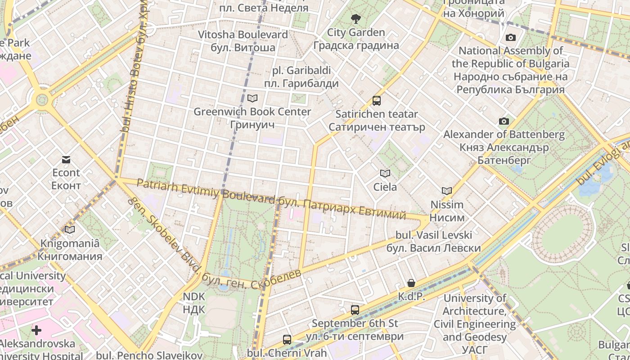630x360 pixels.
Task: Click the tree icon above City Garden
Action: [356, 19]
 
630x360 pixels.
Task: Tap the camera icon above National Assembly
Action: [510, 37]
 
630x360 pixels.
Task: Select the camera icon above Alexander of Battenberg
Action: [504, 121]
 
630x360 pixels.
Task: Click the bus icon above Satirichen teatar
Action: [377, 101]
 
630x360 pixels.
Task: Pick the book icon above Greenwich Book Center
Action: [252, 98]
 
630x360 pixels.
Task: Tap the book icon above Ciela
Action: [385, 173]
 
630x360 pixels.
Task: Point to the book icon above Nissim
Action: [447, 191]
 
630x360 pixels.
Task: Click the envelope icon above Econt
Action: [66, 160]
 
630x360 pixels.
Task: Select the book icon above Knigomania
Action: [70, 230]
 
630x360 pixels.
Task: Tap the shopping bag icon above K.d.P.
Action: [411, 283]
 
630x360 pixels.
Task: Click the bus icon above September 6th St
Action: [355, 310]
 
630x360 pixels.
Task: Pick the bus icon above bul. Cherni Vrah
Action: [287, 340]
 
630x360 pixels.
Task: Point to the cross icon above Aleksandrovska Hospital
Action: [36, 331]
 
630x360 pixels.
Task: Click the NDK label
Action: [194, 303]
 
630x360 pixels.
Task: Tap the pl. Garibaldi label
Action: [301, 77]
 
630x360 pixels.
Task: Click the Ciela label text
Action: [385, 187]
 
